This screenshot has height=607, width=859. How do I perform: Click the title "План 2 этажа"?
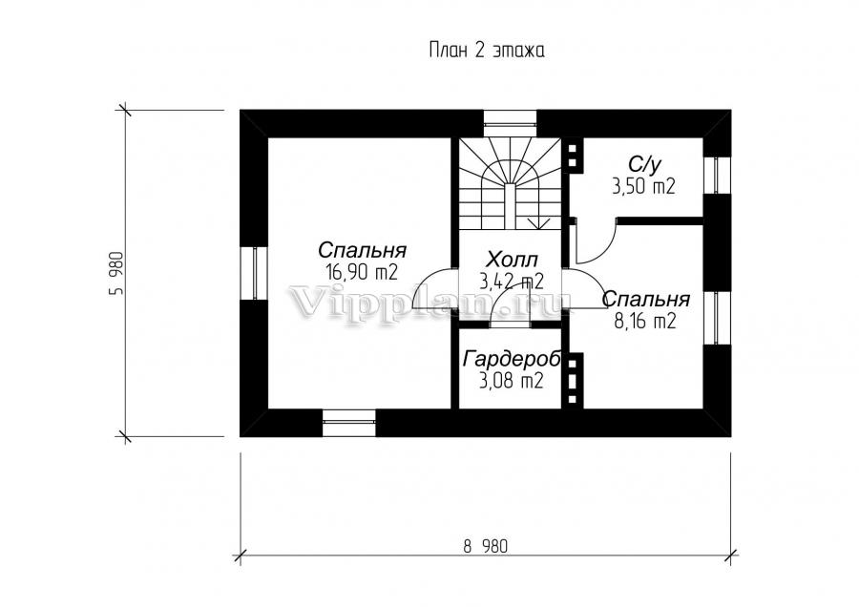click(486, 51)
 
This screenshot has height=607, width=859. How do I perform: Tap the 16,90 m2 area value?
click(361, 272)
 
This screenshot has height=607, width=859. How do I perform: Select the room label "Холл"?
click(512, 259)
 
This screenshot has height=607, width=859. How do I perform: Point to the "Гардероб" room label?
click(512, 360)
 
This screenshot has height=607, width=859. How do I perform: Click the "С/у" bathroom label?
click(643, 164)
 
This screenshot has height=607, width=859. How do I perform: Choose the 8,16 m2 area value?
click(645, 321)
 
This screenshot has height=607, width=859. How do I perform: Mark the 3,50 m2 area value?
click(643, 187)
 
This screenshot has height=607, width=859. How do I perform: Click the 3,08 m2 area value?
click(512, 381)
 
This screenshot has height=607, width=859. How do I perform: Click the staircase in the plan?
click(510, 184)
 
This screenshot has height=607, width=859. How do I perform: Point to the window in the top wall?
click(510, 123)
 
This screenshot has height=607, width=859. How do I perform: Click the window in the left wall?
click(254, 273)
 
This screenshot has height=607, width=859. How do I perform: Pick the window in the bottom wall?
click(349, 423)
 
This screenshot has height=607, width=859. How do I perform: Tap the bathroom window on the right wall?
click(717, 176)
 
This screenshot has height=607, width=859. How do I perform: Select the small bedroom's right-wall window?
click(717, 318)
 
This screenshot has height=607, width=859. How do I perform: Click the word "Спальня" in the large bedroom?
click(362, 250)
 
